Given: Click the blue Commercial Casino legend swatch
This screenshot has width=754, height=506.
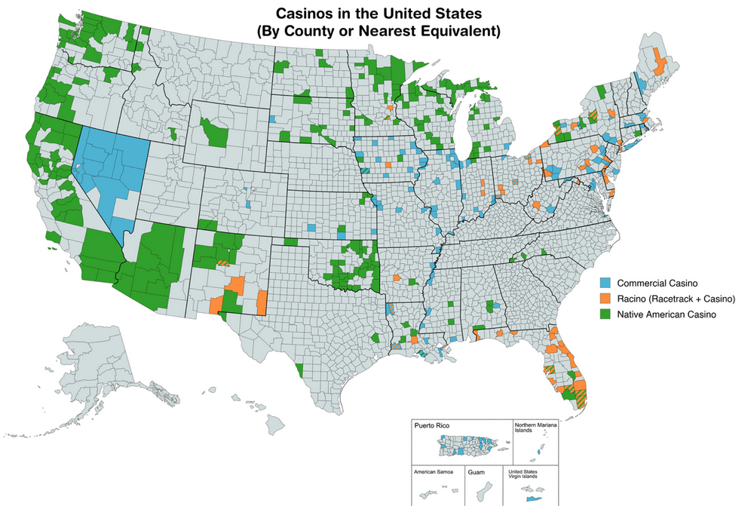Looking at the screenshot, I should (x=605, y=284).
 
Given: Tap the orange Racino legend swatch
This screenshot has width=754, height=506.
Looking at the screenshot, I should (x=605, y=299).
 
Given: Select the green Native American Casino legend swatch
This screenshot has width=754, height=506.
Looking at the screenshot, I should (x=605, y=314).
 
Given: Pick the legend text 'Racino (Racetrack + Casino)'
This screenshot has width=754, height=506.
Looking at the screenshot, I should (x=676, y=299).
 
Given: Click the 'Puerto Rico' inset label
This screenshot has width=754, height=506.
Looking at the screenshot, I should (x=431, y=427).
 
